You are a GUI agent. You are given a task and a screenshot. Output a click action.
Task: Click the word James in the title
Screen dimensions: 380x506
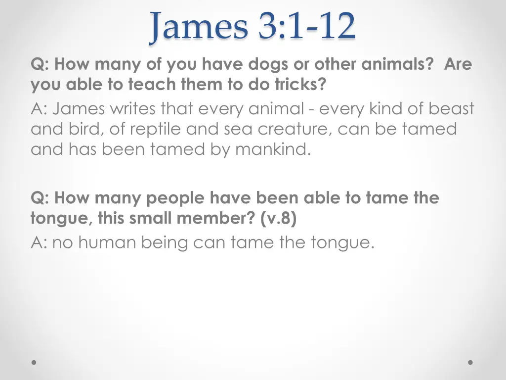tap(199, 27)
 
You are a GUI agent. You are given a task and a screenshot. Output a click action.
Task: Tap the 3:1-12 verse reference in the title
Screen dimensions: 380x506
tap(306, 27)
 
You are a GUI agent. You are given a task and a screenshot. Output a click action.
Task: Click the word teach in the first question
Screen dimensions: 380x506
tap(151, 85)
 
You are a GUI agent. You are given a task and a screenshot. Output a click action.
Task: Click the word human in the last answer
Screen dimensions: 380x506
tap(108, 242)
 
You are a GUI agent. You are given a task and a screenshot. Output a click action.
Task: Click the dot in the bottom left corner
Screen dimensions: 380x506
tap(34, 362)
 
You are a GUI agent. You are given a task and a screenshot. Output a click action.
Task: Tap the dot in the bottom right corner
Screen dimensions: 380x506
tap(470, 362)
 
